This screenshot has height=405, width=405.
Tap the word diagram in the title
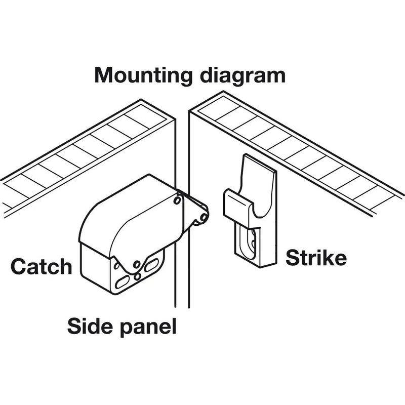243,75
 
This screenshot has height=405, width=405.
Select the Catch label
42,266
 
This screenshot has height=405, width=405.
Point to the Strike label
316,258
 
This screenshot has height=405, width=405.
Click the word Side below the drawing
90,326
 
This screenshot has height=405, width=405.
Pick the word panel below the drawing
148,327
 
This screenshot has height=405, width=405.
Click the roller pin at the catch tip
204,218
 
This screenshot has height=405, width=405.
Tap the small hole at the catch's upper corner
177,200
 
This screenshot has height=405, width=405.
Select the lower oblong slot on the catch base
122,282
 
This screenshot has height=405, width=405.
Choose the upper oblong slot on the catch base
151,265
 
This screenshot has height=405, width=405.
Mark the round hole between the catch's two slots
137,276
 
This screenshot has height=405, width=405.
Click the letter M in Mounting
104,75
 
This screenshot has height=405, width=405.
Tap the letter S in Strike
292,258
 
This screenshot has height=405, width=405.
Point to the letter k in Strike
328,257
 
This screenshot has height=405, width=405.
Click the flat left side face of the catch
96,266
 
